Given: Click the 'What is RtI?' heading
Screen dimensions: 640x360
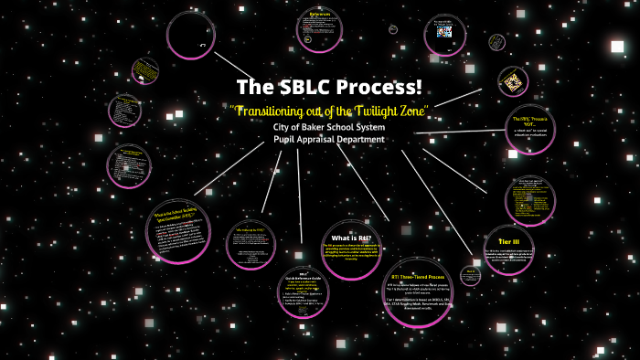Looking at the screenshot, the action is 351,239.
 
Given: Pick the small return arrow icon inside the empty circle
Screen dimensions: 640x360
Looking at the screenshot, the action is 202,43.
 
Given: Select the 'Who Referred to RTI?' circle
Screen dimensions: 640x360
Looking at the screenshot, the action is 251,240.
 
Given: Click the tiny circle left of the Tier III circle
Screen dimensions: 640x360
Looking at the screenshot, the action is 470,274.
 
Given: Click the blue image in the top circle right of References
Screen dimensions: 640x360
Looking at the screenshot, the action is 443,32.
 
